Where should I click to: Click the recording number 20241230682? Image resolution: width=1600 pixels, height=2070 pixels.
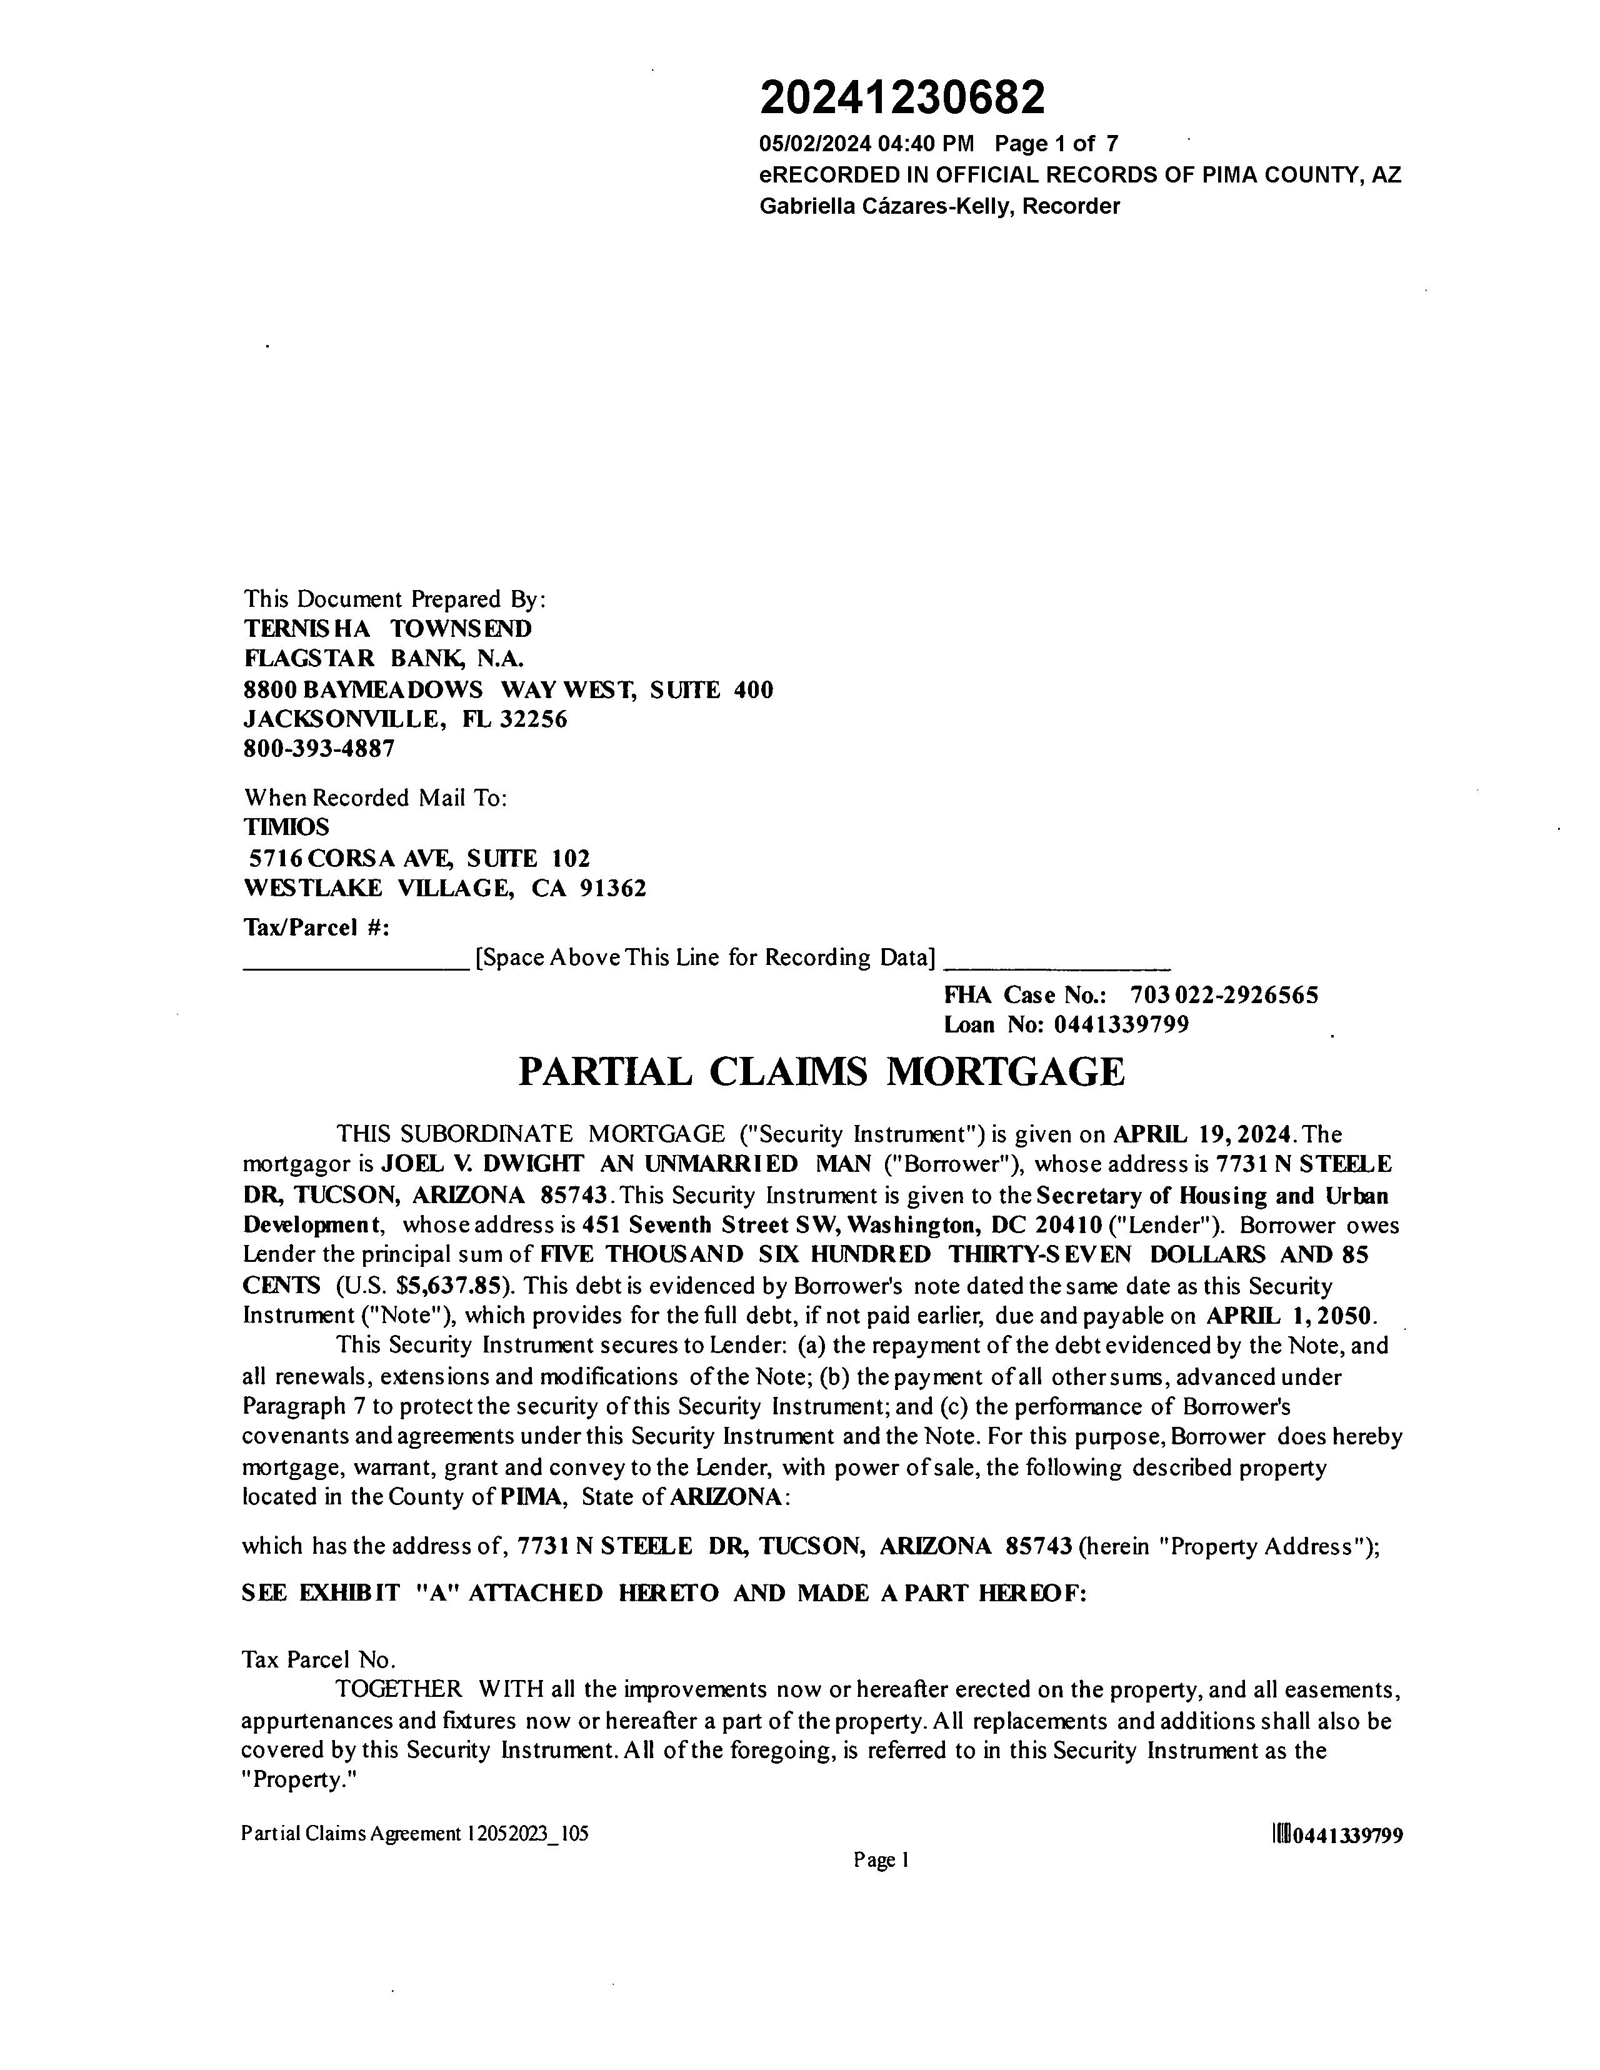click(x=902, y=97)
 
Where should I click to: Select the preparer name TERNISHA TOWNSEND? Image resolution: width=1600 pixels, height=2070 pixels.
click(x=387, y=628)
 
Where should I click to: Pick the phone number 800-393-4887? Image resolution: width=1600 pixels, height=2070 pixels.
click(x=319, y=749)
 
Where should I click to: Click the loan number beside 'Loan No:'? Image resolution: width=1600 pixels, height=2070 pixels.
click(x=1121, y=1024)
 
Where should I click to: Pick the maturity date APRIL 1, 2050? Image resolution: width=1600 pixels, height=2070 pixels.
click(x=1290, y=1316)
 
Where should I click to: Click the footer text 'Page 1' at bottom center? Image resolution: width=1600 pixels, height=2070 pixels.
click(x=881, y=1861)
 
